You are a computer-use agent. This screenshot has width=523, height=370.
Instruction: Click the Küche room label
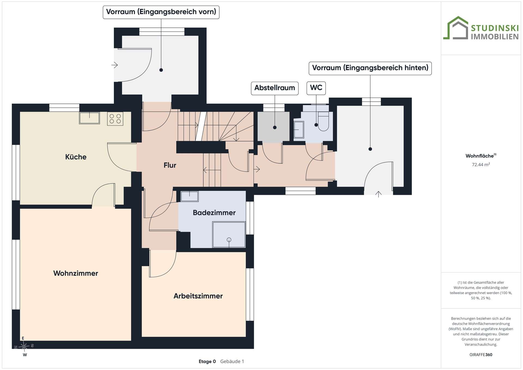(x=76, y=157)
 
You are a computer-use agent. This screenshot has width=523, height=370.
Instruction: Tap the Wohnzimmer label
(x=76, y=273)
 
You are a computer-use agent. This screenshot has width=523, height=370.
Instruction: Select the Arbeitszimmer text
(x=198, y=296)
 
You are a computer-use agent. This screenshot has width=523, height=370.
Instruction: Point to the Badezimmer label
(x=214, y=213)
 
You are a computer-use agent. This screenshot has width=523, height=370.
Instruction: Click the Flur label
(x=170, y=165)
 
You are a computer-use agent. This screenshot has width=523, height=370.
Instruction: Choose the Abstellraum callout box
(x=275, y=88)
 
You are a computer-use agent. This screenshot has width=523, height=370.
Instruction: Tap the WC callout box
(x=316, y=88)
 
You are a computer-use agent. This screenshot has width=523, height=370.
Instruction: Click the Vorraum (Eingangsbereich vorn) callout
(x=161, y=12)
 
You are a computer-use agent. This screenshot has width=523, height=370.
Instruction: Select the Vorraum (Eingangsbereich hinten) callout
(x=370, y=68)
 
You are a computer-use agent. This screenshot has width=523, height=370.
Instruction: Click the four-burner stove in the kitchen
(x=115, y=119)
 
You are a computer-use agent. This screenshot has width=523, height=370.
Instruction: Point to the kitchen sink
(x=89, y=118)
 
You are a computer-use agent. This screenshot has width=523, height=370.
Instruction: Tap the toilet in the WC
(x=323, y=121)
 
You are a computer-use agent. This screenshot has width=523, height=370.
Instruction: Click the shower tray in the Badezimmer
(x=229, y=235)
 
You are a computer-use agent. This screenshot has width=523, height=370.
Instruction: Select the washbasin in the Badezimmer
(x=190, y=196)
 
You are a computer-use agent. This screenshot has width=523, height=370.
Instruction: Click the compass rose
(x=24, y=346)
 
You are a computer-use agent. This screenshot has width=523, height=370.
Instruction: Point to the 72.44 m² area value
(x=481, y=165)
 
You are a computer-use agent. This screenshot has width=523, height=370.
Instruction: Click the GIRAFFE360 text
(x=481, y=355)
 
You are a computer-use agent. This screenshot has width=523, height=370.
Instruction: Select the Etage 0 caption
(x=207, y=362)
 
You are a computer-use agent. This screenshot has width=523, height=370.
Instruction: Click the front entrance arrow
(x=114, y=65)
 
